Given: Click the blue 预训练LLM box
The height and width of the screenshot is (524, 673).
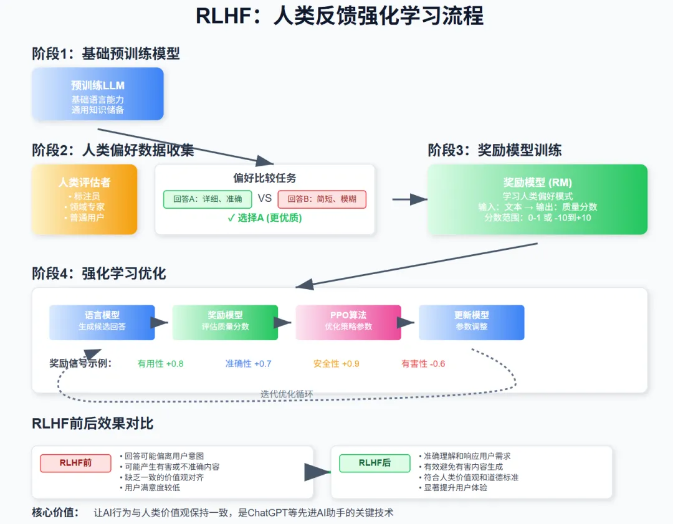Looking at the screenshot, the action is (x=98, y=93).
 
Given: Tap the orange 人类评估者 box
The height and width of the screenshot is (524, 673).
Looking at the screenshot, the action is (x=85, y=199).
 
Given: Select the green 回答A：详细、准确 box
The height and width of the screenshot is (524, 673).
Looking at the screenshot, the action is (x=208, y=199).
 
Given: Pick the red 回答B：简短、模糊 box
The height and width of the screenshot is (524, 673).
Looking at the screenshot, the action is (x=322, y=199).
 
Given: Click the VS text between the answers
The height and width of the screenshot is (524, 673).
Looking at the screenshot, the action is (x=265, y=198).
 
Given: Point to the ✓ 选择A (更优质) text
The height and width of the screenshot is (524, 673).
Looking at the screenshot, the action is (x=265, y=218).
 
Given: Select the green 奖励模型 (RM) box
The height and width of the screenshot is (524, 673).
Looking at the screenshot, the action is (x=537, y=199).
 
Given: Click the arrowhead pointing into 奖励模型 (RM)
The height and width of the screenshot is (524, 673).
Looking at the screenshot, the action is (x=419, y=199).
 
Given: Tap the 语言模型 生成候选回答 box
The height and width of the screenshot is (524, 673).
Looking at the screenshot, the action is (x=102, y=322).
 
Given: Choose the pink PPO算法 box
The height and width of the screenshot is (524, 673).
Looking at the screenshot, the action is (x=348, y=322).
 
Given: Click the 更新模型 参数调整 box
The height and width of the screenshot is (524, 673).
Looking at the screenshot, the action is (x=472, y=322).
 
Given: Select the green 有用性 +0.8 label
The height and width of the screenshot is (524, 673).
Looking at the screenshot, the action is (x=161, y=364).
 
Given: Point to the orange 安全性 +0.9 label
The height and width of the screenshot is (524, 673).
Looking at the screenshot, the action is (x=336, y=364).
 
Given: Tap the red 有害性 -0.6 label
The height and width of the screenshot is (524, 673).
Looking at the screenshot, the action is (x=423, y=364).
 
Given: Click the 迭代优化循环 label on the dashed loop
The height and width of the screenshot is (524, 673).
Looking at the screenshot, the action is (x=287, y=394).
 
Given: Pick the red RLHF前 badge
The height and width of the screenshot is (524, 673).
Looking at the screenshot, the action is (x=75, y=463).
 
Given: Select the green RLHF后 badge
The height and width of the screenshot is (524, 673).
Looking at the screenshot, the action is (x=375, y=463).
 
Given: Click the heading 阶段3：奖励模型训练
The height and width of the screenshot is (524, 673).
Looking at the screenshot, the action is (x=494, y=150).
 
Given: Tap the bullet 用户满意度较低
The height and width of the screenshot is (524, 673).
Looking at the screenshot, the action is (x=150, y=488).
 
